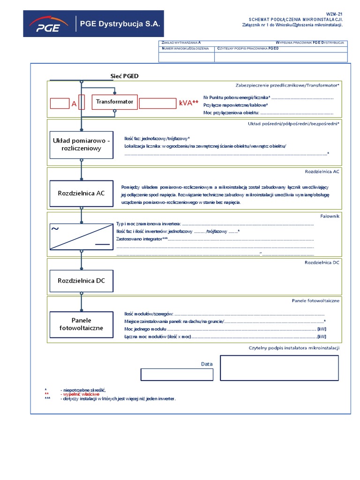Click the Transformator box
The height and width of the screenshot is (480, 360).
pos(114,102)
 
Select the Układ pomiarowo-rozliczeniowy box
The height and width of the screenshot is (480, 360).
pos(82,145)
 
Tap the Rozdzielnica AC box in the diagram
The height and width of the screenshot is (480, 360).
pos(82,193)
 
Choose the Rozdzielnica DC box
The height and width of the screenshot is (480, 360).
pos(82,281)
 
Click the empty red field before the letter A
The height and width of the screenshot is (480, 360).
pos(60,104)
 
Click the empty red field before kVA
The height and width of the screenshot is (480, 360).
pos(157,104)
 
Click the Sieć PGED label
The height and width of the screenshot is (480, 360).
pos(124,76)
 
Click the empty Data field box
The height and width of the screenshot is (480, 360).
pos(177,375)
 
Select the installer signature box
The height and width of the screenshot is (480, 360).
pos(279,367)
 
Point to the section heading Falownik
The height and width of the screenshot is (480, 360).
pos(330,216)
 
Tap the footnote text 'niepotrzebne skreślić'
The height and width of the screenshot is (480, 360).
pos(83,390)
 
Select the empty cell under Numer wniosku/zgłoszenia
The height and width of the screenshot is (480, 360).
pos(187,57)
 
